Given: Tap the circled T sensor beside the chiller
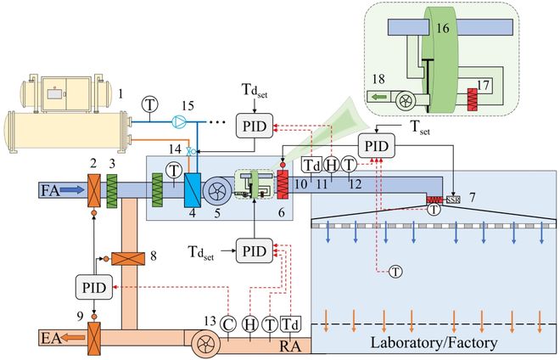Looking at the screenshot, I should [150, 104].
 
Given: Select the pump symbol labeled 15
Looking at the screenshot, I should [178, 121].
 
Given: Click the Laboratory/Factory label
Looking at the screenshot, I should [433, 343].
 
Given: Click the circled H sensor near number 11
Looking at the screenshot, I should [331, 164].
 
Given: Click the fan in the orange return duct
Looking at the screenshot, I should [206, 340].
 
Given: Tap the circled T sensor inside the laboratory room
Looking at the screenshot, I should [395, 271].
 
